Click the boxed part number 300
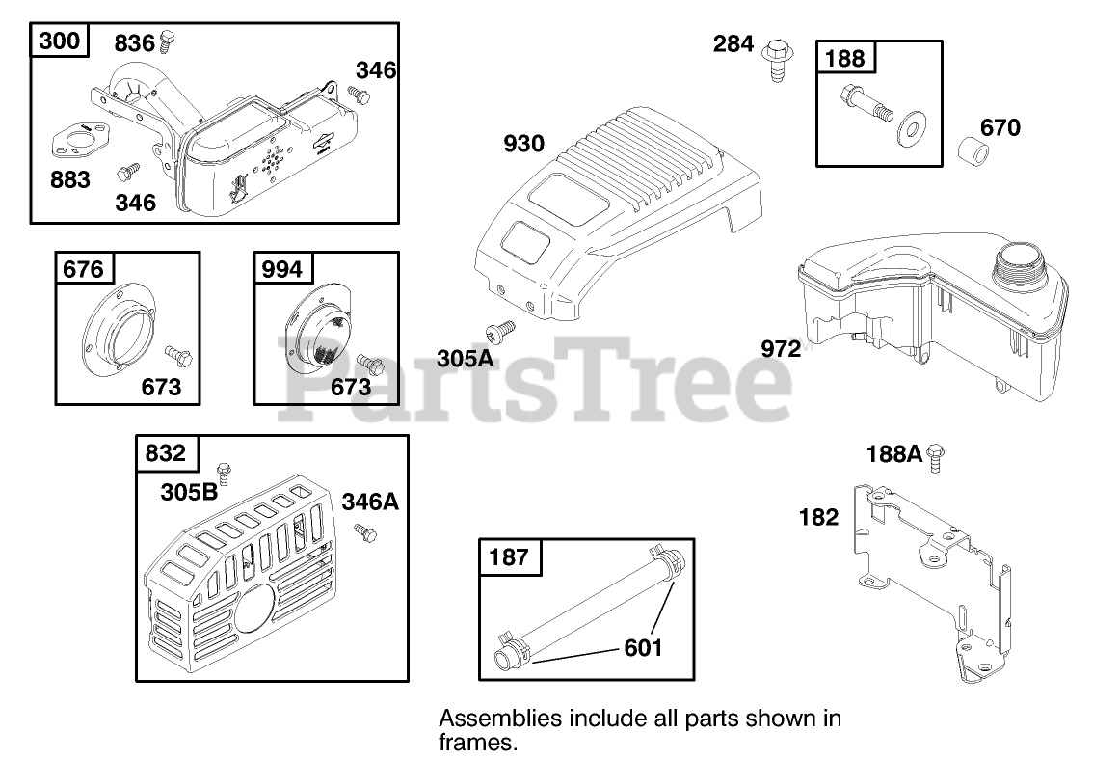pyautogui.click(x=59, y=42)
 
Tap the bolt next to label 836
pyautogui.click(x=168, y=41)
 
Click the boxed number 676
pyautogui.click(x=83, y=268)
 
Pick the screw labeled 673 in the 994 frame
pyautogui.click(x=370, y=365)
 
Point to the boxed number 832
pyautogui.click(x=165, y=452)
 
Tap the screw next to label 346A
pyautogui.click(x=364, y=530)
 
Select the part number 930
pyautogui.click(x=523, y=145)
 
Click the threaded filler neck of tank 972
pyautogui.click(x=1020, y=261)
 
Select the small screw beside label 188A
pyautogui.click(x=935, y=456)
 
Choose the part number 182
pyautogui.click(x=818, y=517)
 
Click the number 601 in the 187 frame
pyautogui.click(x=643, y=646)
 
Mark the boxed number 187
pyautogui.click(x=509, y=556)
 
